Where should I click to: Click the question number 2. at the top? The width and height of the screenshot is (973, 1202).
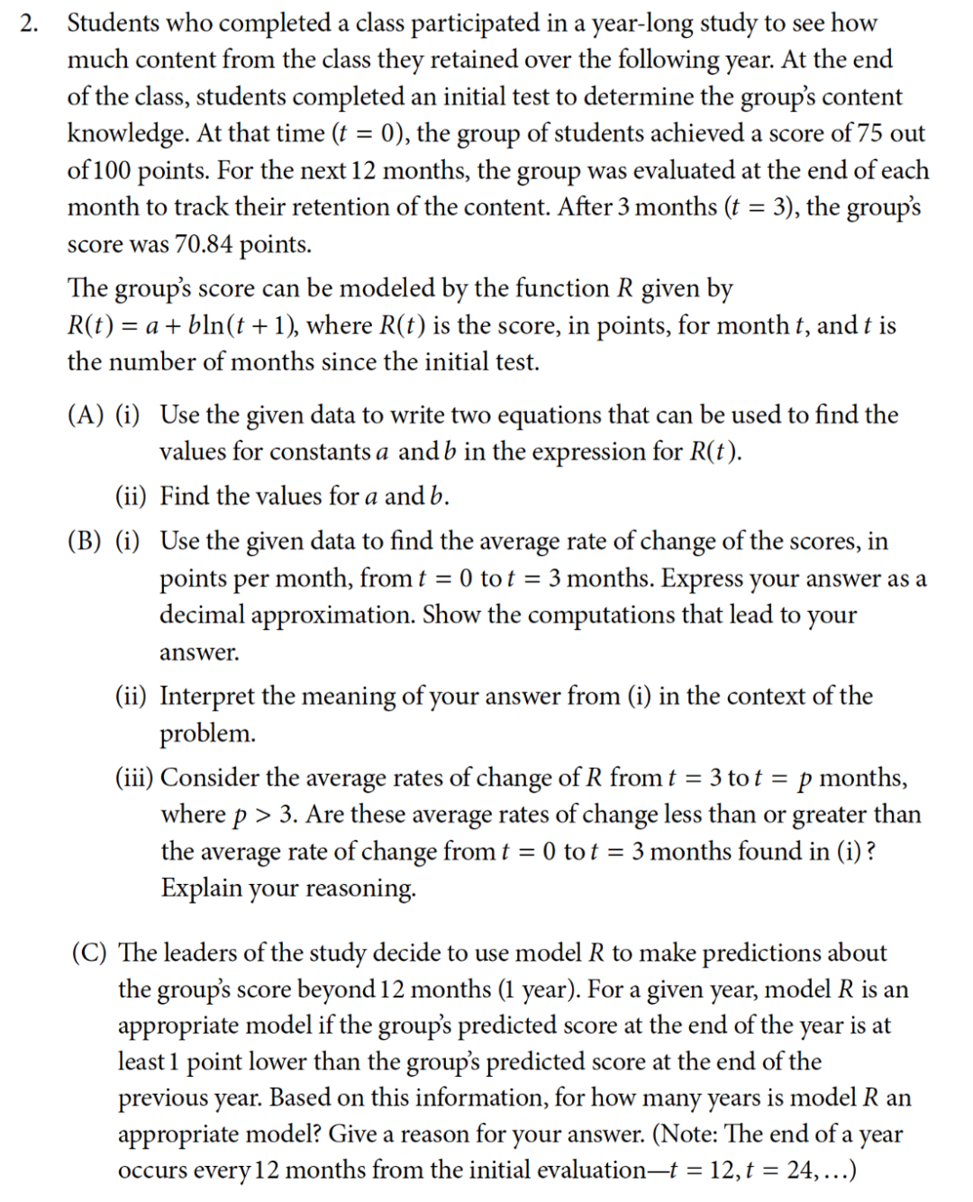[x=29, y=24]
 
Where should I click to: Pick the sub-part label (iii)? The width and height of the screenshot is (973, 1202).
[x=134, y=778]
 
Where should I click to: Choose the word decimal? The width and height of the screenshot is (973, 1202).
[x=203, y=615]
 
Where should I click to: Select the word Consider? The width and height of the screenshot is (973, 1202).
[x=210, y=778]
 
